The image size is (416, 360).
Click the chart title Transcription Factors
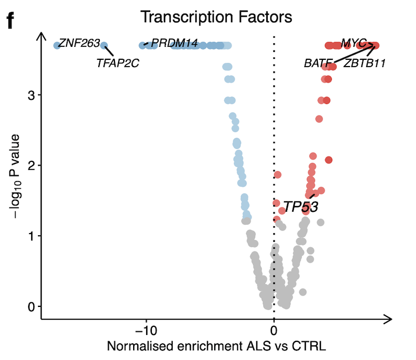tap(216, 17)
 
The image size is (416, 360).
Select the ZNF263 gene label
tap(79, 44)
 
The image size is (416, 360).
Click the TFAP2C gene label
tap(118, 63)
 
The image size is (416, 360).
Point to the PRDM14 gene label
tap(174, 44)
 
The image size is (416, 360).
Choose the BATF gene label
tap(318, 64)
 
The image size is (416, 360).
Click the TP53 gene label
tap(301, 207)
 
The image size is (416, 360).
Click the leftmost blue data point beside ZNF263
tap(57, 45)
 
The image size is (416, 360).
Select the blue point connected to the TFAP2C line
tap(103, 46)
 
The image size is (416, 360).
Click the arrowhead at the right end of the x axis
tap(388, 318)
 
